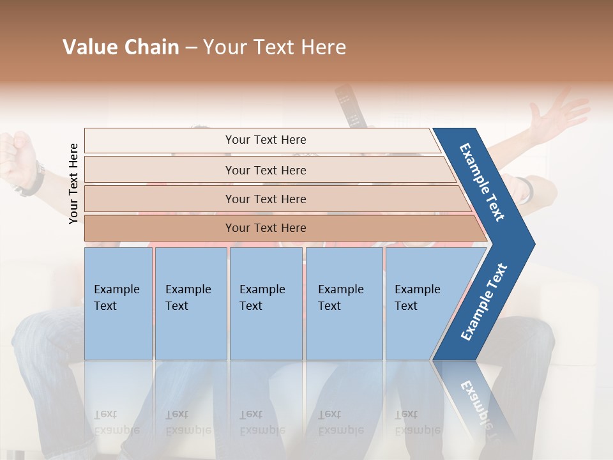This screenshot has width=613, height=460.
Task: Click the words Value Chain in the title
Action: tap(121, 47)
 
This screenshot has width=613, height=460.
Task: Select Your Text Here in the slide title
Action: tap(275, 47)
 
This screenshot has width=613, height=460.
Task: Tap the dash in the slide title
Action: tap(191, 48)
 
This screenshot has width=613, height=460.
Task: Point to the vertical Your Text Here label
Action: tap(73, 183)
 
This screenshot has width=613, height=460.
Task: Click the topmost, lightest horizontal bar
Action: tap(265, 140)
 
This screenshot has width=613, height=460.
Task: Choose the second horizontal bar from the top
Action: tap(265, 170)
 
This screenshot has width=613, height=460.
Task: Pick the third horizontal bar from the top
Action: tap(265, 199)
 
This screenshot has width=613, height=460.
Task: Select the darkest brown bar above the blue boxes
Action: tap(265, 228)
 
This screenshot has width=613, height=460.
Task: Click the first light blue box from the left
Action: tap(118, 303)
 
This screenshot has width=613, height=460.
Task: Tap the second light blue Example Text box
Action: tap(190, 303)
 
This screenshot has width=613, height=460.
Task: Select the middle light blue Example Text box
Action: tap(265, 303)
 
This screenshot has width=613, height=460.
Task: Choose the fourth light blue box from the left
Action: tap(344, 303)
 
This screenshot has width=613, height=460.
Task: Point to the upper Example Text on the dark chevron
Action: tap(482, 182)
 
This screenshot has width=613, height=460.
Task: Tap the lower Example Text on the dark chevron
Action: tap(484, 302)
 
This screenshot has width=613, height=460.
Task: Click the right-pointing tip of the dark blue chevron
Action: tap(532, 243)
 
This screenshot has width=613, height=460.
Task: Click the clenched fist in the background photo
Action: tap(16, 153)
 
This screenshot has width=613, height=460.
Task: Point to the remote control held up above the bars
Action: tap(349, 105)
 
